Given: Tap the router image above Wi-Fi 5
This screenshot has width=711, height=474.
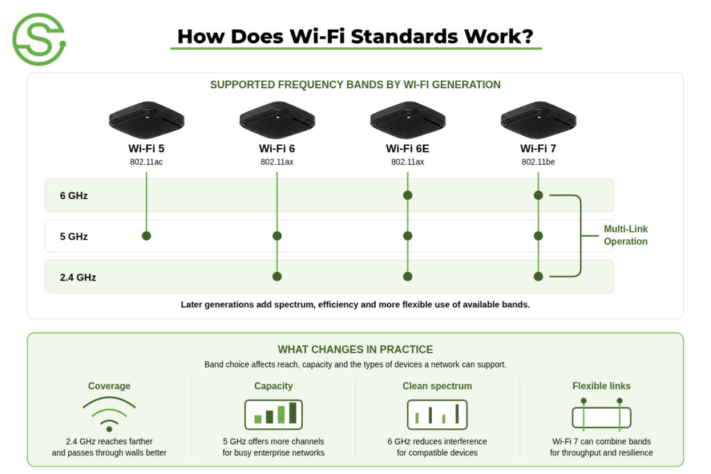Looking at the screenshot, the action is click(147, 119).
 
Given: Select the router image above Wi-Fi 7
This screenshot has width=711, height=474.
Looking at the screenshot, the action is click(538, 119).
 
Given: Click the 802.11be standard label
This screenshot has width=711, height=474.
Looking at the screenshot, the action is click(538, 162).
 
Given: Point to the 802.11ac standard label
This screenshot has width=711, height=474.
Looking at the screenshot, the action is click(146, 162).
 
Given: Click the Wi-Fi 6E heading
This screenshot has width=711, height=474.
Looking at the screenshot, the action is click(407, 149).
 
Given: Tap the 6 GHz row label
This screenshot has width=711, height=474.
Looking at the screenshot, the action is click(74, 196).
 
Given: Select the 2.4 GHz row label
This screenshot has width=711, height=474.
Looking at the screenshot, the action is click(78, 278).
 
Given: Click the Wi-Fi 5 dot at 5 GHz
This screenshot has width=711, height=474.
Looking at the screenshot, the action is click(147, 236).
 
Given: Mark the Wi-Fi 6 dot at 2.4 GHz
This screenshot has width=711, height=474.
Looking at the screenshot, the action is click(277, 276).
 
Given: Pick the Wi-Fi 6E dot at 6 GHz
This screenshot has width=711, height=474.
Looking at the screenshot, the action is click(408, 195).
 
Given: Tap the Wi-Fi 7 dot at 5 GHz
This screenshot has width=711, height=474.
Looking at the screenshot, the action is click(538, 236).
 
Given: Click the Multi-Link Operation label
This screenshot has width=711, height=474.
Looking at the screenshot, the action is click(626, 235).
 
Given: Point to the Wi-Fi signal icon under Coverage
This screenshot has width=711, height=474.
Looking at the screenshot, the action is click(109, 414).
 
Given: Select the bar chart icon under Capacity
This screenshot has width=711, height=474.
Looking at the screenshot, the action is click(274, 414).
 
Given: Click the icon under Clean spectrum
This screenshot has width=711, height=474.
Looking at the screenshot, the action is click(437, 414).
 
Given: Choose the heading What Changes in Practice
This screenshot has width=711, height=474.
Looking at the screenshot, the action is click(355, 349).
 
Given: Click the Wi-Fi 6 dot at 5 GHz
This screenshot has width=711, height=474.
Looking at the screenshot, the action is click(277, 236).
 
